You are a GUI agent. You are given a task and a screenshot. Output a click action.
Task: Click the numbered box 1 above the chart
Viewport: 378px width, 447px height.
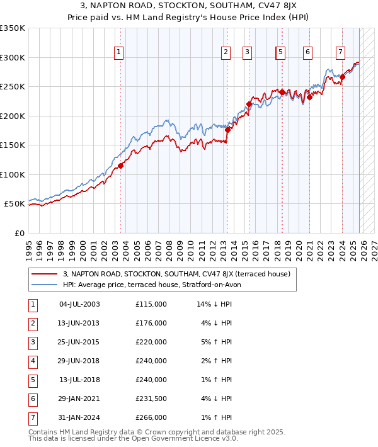click(119, 52)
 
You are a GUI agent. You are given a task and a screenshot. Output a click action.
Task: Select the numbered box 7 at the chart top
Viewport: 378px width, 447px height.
click(340, 52)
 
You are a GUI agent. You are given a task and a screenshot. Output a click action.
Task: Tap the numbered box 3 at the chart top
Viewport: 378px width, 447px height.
click(248, 52)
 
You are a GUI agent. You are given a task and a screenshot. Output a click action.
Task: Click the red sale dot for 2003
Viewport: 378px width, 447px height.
click(120, 166)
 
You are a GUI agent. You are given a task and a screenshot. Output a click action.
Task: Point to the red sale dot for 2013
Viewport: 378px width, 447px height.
click(228, 130)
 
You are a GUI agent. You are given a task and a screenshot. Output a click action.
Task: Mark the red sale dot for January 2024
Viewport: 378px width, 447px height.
click(343, 77)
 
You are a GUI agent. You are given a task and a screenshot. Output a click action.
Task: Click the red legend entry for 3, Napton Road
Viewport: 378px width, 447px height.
click(176, 274)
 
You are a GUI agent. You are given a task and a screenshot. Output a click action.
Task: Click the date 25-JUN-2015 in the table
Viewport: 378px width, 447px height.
click(79, 342)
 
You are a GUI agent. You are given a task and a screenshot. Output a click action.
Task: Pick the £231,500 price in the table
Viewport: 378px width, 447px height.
click(151, 399)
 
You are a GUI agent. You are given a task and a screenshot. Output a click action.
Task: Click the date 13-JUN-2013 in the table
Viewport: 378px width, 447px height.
click(79, 323)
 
